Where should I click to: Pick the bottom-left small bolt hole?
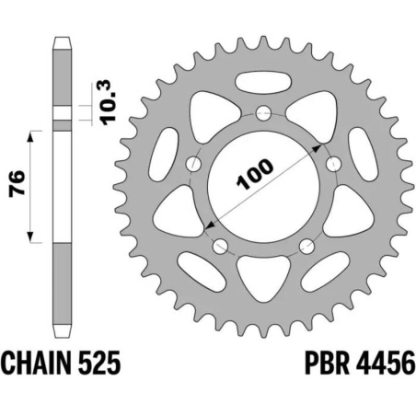(220, 246)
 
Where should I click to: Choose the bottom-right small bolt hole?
(305, 246)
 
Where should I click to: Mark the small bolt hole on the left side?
(193, 165)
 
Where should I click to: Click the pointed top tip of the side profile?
(61, 39)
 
